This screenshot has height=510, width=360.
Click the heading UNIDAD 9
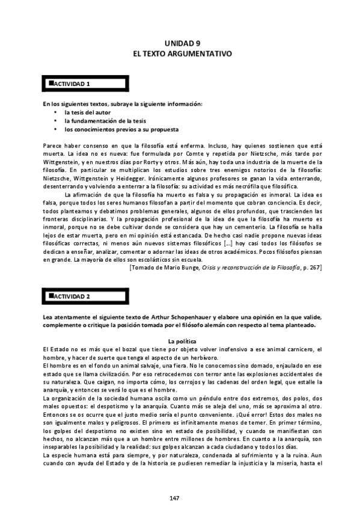[182, 44]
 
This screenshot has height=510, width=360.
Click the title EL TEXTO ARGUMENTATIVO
[182, 54]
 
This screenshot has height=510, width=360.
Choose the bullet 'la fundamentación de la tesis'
[105, 121]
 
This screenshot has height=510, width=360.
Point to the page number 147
[174, 498]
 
